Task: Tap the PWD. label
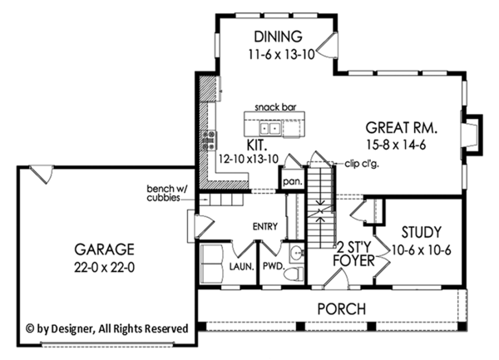[272, 269]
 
